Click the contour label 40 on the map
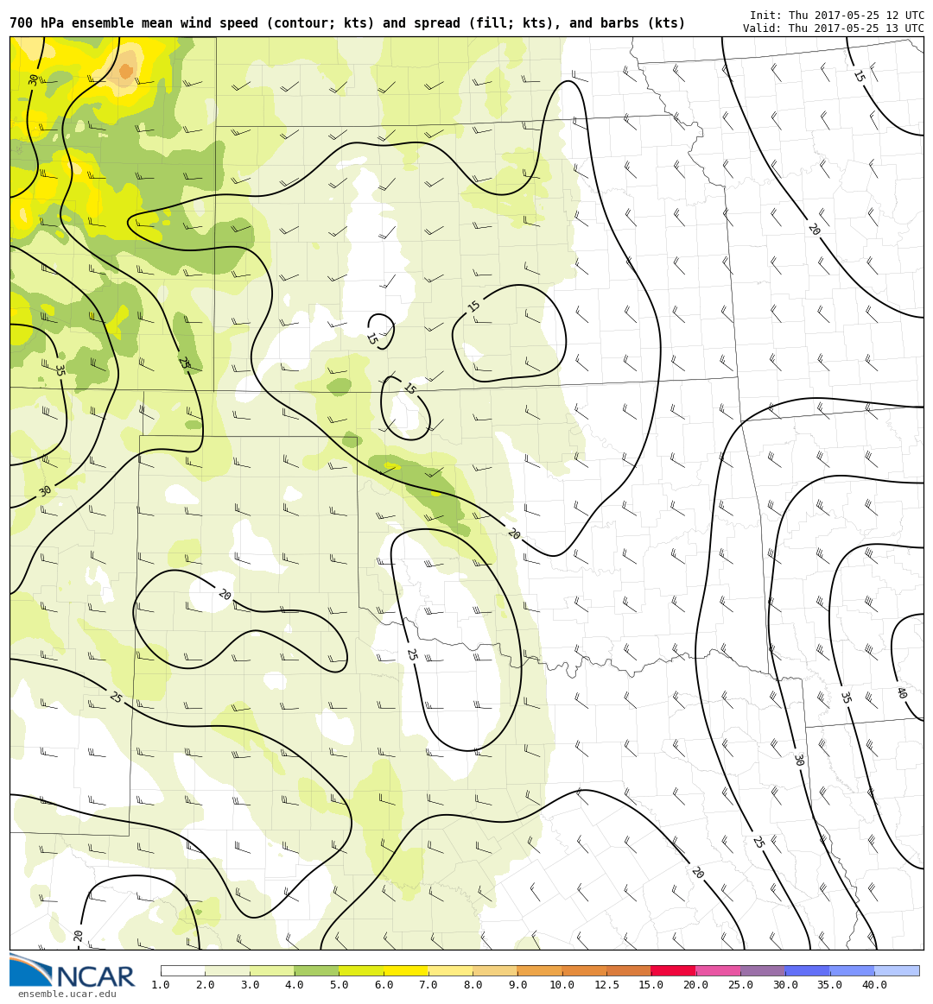click(x=901, y=692)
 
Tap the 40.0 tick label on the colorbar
click(x=874, y=986)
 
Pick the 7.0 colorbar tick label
click(x=428, y=986)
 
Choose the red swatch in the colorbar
click(x=673, y=970)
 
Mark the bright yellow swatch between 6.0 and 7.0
click(x=406, y=970)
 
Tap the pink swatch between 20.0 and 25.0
click(x=718, y=970)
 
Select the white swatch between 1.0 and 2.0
click(x=183, y=970)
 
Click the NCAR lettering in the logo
click(x=95, y=978)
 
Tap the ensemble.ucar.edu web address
click(x=67, y=995)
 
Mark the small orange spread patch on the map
click(x=126, y=71)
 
